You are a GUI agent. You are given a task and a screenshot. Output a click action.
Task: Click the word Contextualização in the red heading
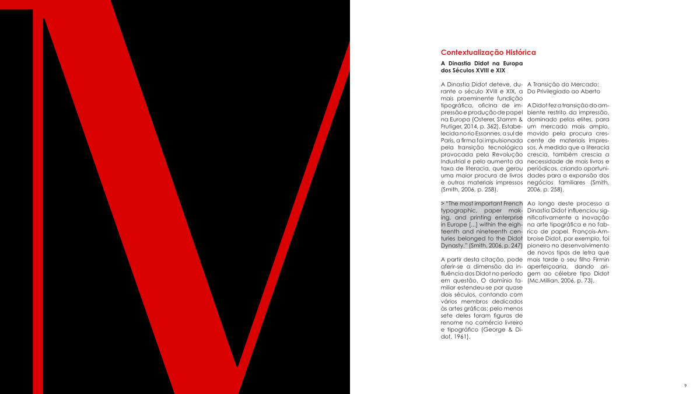coord(468,53)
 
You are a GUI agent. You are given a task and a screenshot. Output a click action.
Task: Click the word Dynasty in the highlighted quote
coord(453,246)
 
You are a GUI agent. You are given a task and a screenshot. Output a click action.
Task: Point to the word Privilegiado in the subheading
coord(559,92)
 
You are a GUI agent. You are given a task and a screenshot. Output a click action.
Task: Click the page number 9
coord(685,386)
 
